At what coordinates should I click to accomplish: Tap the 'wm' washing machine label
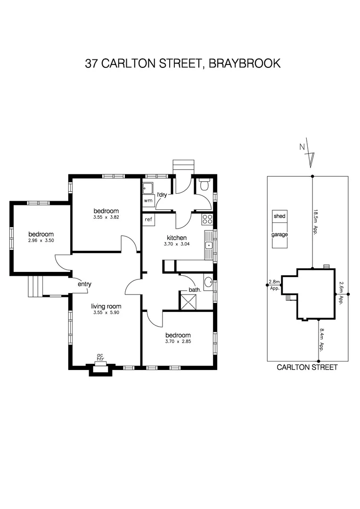(x=148, y=200)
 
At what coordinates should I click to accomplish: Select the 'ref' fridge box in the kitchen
(x=148, y=219)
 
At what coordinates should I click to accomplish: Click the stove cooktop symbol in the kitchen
(x=207, y=219)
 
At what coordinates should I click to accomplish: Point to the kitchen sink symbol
(x=208, y=245)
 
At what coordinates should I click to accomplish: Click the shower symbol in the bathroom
(x=188, y=300)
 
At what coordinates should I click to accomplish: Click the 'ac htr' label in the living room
(x=100, y=357)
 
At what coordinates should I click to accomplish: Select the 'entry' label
(x=84, y=284)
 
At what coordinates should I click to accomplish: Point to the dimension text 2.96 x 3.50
(x=41, y=240)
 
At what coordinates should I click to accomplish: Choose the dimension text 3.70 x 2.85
(x=178, y=341)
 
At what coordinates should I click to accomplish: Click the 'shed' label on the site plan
(x=279, y=216)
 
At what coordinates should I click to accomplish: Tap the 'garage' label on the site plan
(x=279, y=234)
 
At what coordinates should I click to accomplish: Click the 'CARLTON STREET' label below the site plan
(x=307, y=368)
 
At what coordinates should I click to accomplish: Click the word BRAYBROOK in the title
(x=244, y=63)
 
